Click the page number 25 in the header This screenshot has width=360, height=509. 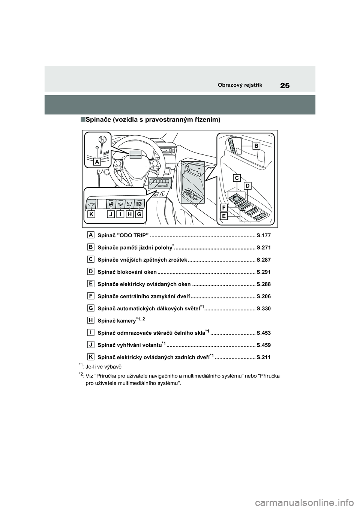[285, 85]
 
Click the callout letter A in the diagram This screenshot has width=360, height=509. [97, 162]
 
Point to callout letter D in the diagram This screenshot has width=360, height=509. [247, 186]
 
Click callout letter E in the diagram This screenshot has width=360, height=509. [224, 216]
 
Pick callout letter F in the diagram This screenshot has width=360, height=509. [224, 207]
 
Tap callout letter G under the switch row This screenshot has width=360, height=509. [139, 214]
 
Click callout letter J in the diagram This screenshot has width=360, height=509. [111, 214]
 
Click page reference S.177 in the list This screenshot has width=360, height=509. [263, 236]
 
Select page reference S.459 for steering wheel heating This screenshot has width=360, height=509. [263, 345]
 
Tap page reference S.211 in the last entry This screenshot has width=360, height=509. [263, 357]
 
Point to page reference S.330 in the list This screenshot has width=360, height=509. [263, 308]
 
